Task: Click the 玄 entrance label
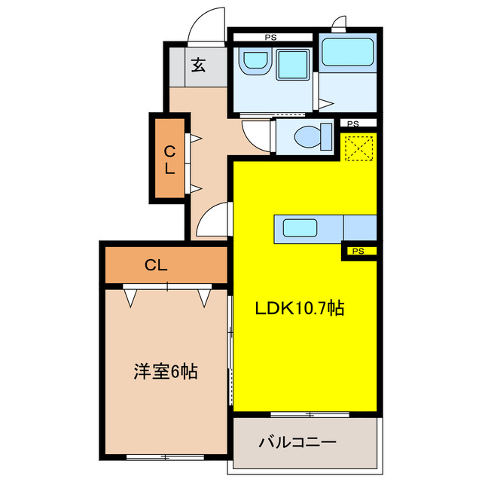pyautogui.click(x=197, y=66)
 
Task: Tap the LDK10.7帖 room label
pyautogui.click(x=300, y=308)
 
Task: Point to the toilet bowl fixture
pyautogui.click(x=309, y=136)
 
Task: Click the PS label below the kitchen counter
pyautogui.click(x=358, y=252)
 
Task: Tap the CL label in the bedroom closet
pyautogui.click(x=156, y=265)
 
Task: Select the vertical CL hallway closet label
pyautogui.click(x=170, y=158)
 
